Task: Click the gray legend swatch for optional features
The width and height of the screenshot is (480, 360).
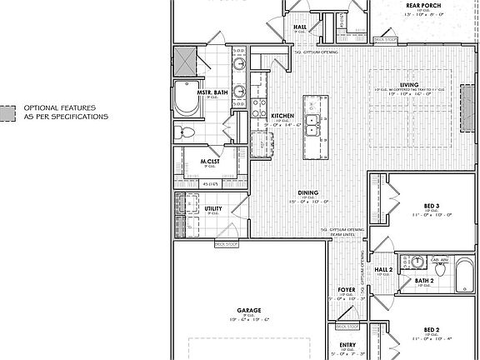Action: point(7,112)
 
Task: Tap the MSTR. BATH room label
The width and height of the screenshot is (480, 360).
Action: point(213,92)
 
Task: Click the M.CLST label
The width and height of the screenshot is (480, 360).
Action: point(208,161)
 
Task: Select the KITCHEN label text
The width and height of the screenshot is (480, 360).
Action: point(282,115)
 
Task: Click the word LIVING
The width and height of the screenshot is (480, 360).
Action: point(408,84)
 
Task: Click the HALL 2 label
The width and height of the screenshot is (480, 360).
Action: point(384,270)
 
